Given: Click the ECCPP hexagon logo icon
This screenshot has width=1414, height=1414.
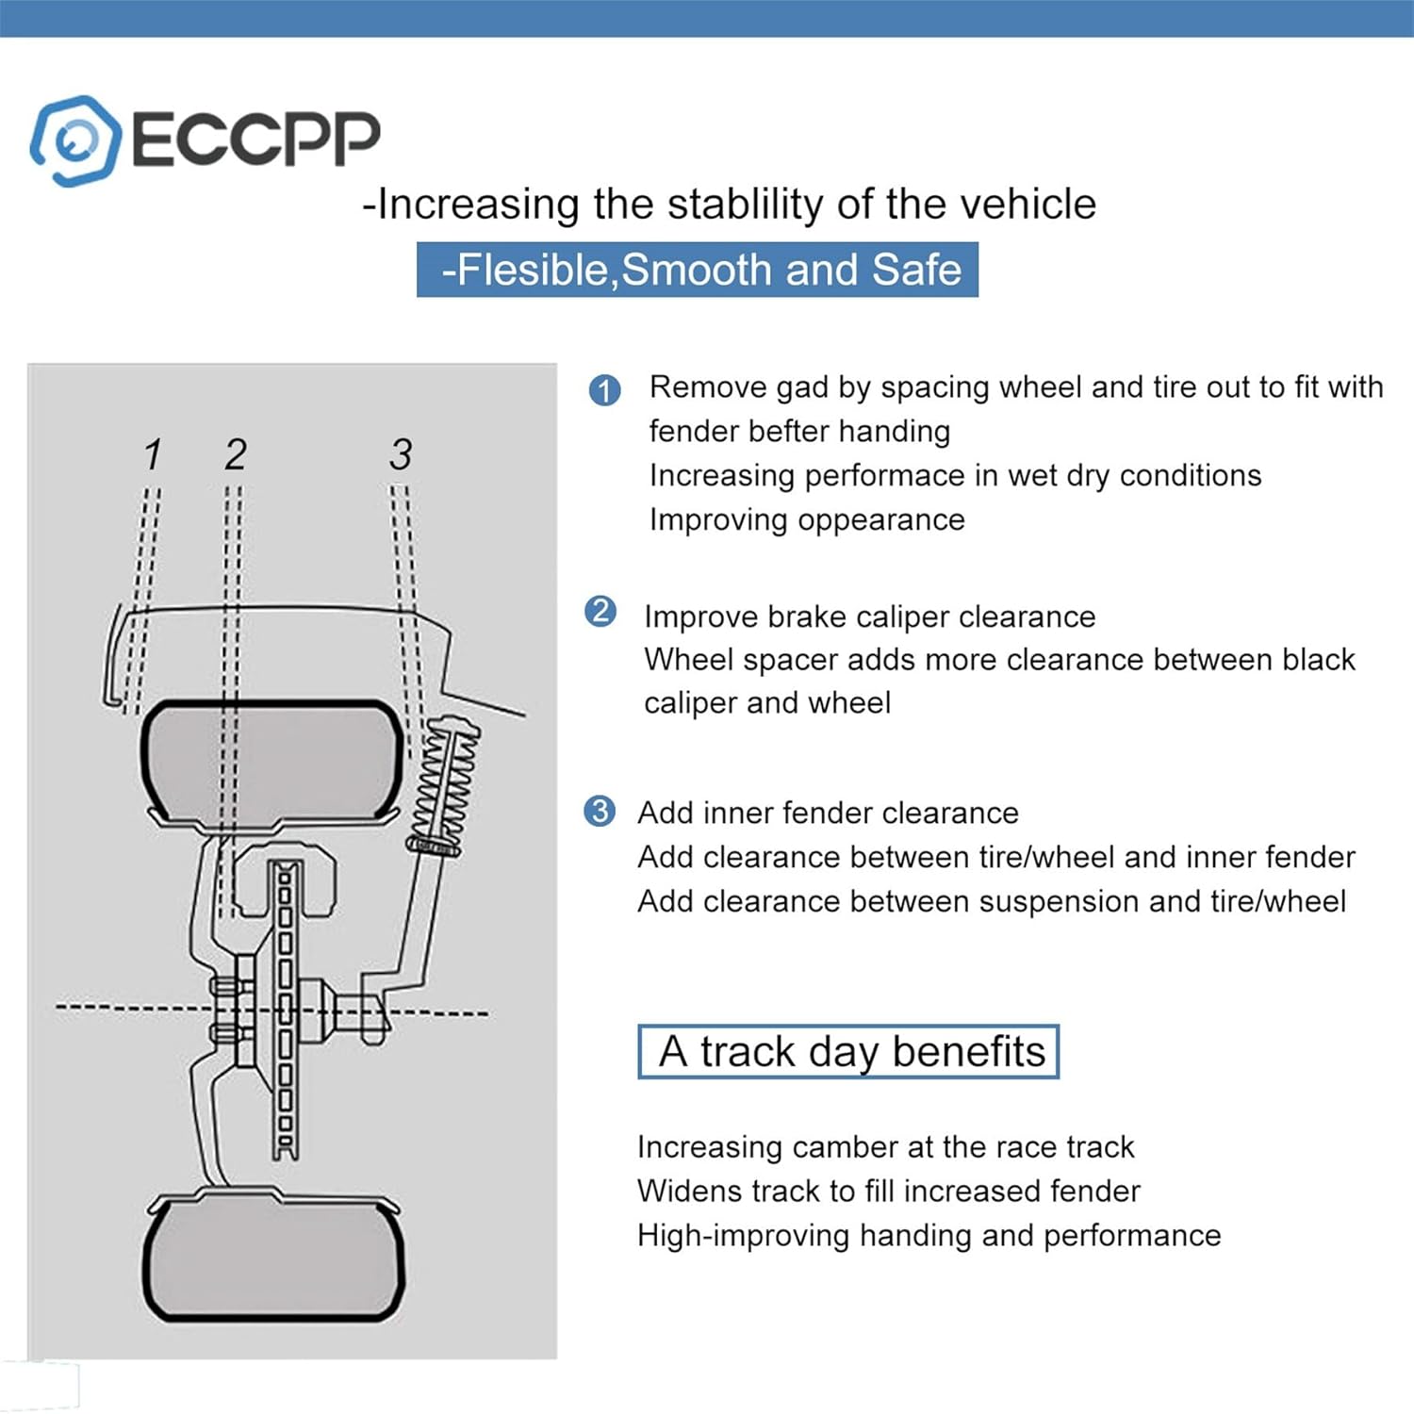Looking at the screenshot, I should (74, 140).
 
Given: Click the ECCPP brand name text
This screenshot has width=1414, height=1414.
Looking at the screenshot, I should (255, 140).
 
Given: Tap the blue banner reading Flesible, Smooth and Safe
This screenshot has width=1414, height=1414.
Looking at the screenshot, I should (698, 270).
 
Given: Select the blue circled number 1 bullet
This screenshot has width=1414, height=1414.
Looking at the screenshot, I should (604, 390).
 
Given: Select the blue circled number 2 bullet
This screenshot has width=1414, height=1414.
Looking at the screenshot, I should (600, 612).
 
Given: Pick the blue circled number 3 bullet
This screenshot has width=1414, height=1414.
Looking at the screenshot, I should (600, 811).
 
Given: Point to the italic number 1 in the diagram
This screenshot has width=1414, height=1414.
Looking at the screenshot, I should (153, 454).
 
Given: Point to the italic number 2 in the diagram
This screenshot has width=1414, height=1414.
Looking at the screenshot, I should (236, 454).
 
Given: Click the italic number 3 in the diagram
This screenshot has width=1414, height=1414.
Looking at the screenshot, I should (401, 454).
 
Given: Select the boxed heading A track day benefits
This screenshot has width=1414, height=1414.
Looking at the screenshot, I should (848, 1051).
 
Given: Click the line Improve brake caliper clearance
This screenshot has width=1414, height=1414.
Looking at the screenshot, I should (869, 617).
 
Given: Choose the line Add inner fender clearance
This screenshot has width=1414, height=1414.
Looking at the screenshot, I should (828, 813).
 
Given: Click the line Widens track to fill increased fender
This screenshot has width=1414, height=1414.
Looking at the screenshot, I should (888, 1192).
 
